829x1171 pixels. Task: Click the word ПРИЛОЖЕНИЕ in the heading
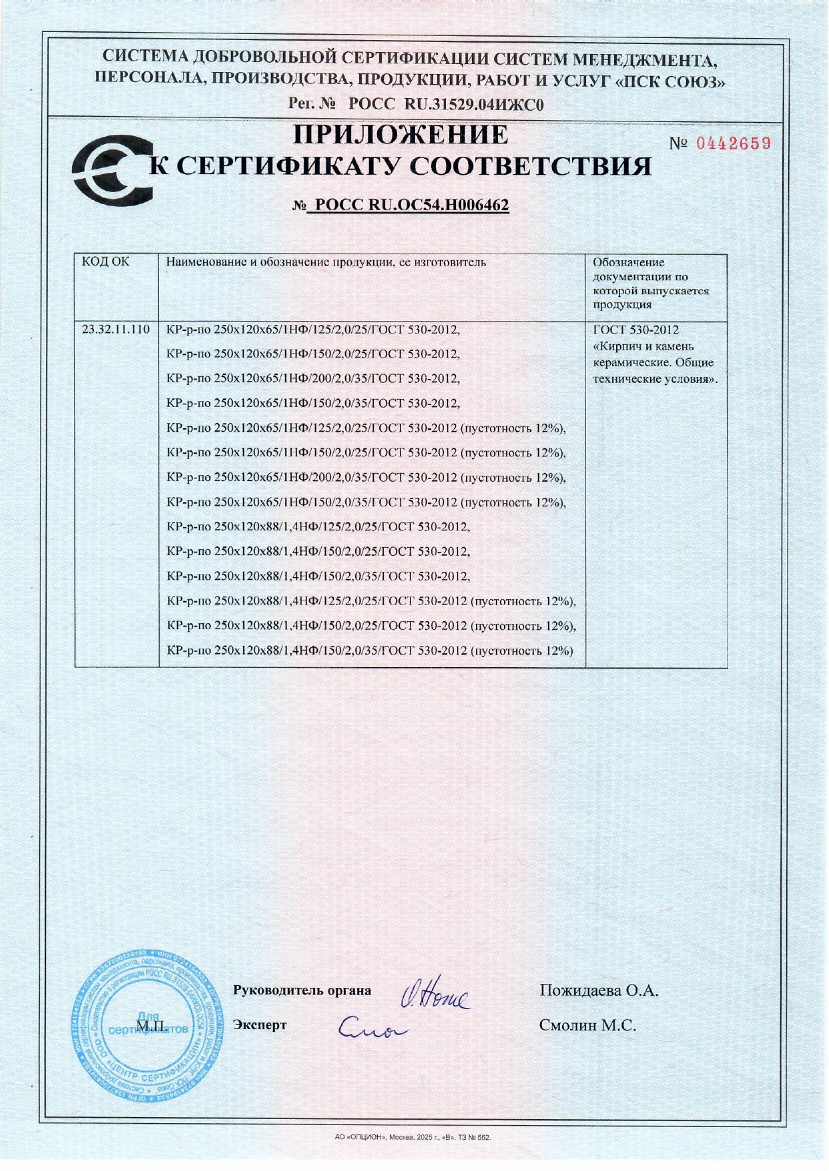pyautogui.click(x=401, y=135)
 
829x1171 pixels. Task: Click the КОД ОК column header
pyautogui.click(x=105, y=262)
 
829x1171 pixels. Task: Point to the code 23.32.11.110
pyautogui.click(x=115, y=330)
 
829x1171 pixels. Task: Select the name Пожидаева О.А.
pyautogui.click(x=599, y=991)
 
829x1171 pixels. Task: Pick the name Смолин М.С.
pyautogui.click(x=587, y=1026)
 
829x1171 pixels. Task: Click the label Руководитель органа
pyautogui.click(x=302, y=991)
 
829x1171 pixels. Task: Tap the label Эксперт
pyautogui.click(x=260, y=1025)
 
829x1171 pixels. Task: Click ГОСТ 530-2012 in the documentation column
pyautogui.click(x=635, y=330)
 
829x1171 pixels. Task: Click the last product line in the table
pyautogui.click(x=370, y=651)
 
